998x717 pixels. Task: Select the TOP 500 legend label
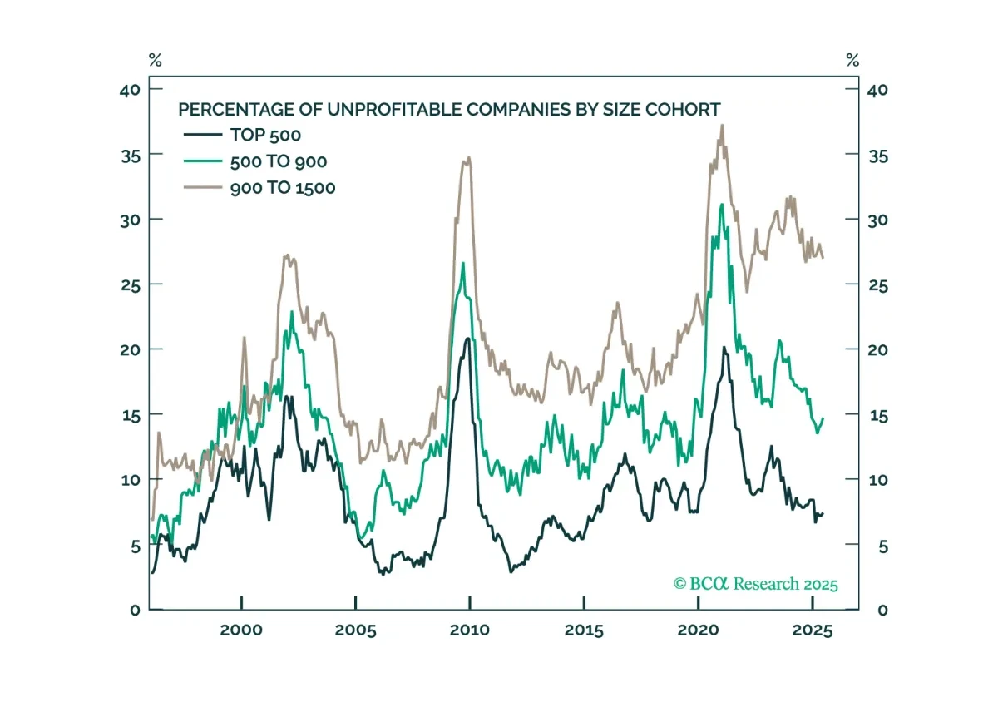point(265,135)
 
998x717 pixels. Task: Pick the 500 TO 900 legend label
point(279,161)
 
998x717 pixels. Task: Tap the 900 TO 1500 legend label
point(283,188)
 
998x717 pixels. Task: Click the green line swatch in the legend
point(203,161)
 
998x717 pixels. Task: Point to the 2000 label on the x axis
point(241,630)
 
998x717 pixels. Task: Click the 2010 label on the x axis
point(470,630)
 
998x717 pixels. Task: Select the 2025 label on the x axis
point(813,630)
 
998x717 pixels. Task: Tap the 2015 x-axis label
point(584,630)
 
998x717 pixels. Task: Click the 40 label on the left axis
point(130,91)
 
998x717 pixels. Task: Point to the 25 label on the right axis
point(878,285)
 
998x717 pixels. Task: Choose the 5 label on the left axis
point(136,546)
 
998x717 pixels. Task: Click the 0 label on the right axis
point(882,611)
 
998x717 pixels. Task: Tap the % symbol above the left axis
point(155,60)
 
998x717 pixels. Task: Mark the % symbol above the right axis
point(852,60)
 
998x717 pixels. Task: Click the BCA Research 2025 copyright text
point(756,584)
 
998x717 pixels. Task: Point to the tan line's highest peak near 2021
point(722,126)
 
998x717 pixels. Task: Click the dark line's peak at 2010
point(467,339)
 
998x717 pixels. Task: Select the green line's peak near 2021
point(722,205)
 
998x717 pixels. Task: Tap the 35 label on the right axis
point(878,157)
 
